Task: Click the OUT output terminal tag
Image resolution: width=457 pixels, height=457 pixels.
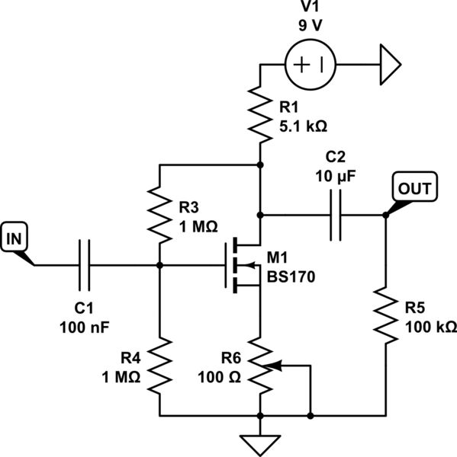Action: (x=413, y=187)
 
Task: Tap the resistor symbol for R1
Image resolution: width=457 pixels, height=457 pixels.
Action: (x=261, y=115)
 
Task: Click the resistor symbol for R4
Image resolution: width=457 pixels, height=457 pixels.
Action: (x=159, y=367)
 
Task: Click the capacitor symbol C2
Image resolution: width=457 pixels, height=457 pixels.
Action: (x=335, y=216)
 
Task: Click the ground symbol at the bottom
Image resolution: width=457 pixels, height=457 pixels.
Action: (x=261, y=443)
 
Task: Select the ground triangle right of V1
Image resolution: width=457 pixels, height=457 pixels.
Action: (x=389, y=65)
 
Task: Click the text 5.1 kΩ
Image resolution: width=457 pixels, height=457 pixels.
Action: (x=301, y=126)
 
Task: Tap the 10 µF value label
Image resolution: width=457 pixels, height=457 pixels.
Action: (x=335, y=174)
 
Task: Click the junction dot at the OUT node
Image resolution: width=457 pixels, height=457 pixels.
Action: (x=385, y=216)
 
